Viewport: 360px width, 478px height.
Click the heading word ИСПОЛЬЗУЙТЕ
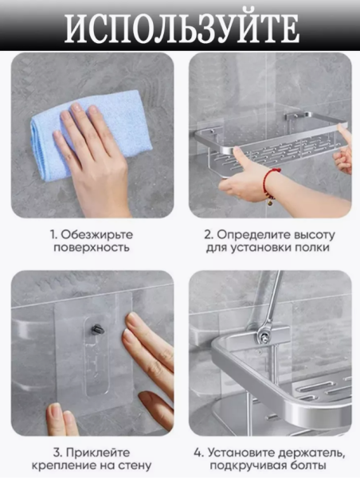click(182, 28)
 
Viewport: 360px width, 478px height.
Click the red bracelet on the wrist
click(268, 184)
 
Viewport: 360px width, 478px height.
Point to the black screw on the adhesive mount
click(97, 330)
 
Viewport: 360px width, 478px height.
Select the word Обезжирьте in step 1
click(97, 235)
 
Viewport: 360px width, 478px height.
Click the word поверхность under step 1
click(92, 248)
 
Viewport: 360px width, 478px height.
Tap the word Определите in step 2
click(252, 235)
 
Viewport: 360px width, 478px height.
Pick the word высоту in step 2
click(313, 235)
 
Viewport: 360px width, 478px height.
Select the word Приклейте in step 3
click(98, 453)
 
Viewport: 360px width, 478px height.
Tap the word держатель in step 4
click(312, 453)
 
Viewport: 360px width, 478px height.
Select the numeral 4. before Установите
click(199, 453)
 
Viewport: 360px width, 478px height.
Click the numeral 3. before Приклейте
click(58, 453)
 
